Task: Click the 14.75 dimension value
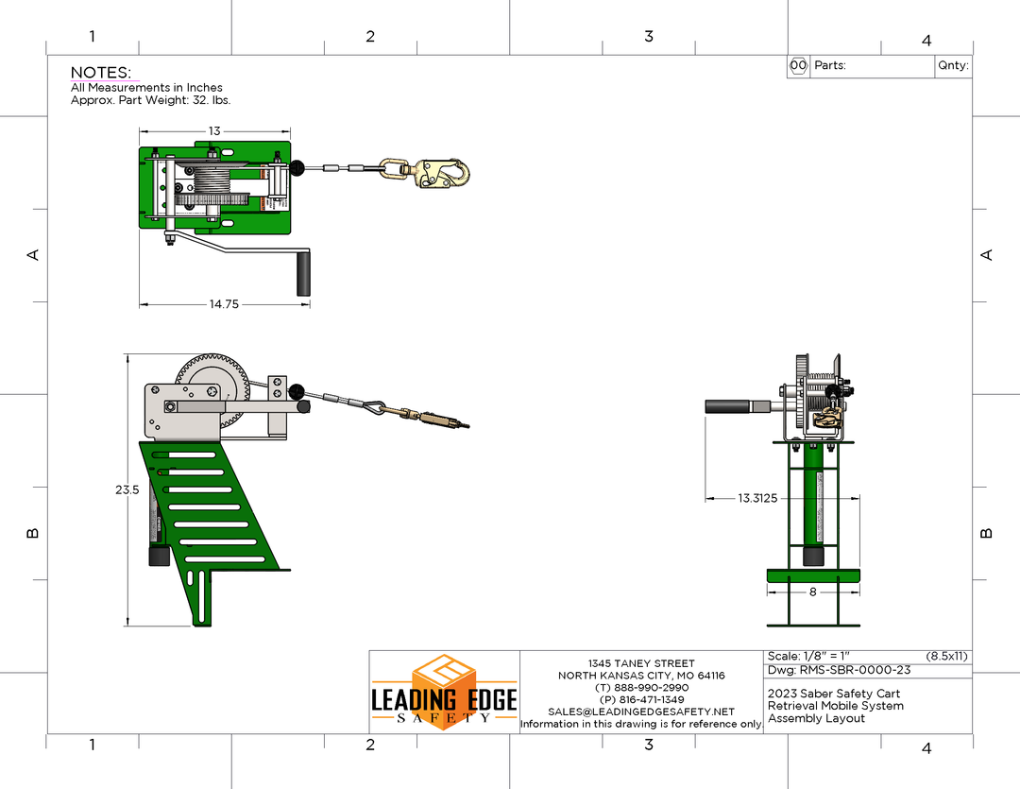point(224,304)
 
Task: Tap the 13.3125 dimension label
point(757,498)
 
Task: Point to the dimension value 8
point(813,592)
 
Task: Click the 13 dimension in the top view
point(214,131)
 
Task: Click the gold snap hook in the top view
point(439,172)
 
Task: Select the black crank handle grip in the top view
point(303,274)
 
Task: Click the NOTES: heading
point(101,73)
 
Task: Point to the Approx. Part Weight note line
point(150,100)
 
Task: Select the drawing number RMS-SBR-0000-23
point(839,671)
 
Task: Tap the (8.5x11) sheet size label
point(946,656)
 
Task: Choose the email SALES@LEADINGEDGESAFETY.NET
point(641,712)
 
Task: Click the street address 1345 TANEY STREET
point(641,663)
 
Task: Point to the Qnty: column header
point(952,66)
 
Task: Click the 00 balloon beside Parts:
point(798,66)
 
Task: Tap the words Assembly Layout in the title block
point(804,718)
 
